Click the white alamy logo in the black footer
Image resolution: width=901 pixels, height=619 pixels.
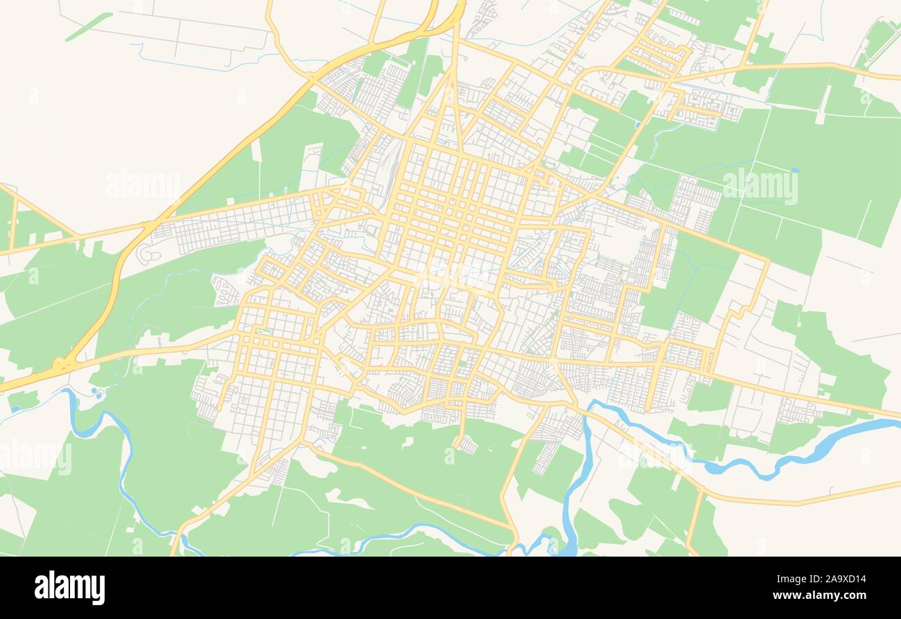tap(69, 587)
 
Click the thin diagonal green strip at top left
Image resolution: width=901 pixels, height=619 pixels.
tap(89, 26)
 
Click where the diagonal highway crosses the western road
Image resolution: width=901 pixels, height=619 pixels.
tap(149, 225)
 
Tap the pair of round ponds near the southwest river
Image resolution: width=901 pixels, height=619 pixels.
tap(97, 393)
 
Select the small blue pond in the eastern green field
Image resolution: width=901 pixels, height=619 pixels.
tap(794, 169)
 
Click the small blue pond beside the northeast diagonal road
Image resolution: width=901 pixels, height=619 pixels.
tap(636, 125)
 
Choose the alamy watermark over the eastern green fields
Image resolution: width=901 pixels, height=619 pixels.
tap(760, 186)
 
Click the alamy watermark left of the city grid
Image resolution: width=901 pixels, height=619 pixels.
tap(142, 186)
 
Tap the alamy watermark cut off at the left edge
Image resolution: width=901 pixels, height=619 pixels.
tap(35, 458)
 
